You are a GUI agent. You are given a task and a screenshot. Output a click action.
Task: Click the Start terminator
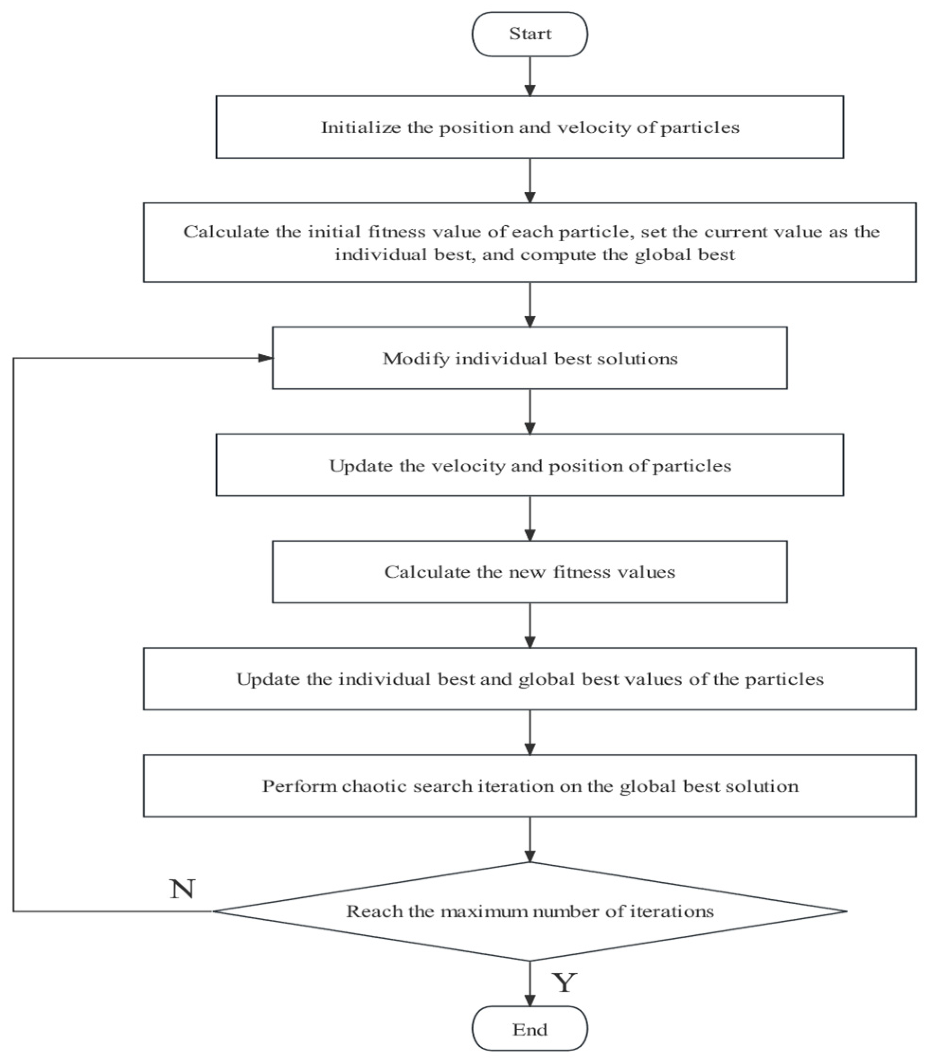[530, 34]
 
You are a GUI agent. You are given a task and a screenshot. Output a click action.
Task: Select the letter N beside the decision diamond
[182, 889]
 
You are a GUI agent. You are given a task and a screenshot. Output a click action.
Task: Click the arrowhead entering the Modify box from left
[266, 358]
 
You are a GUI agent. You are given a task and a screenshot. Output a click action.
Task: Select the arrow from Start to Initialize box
[530, 76]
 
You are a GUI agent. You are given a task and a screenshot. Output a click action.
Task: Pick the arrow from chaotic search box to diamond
[530, 840]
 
